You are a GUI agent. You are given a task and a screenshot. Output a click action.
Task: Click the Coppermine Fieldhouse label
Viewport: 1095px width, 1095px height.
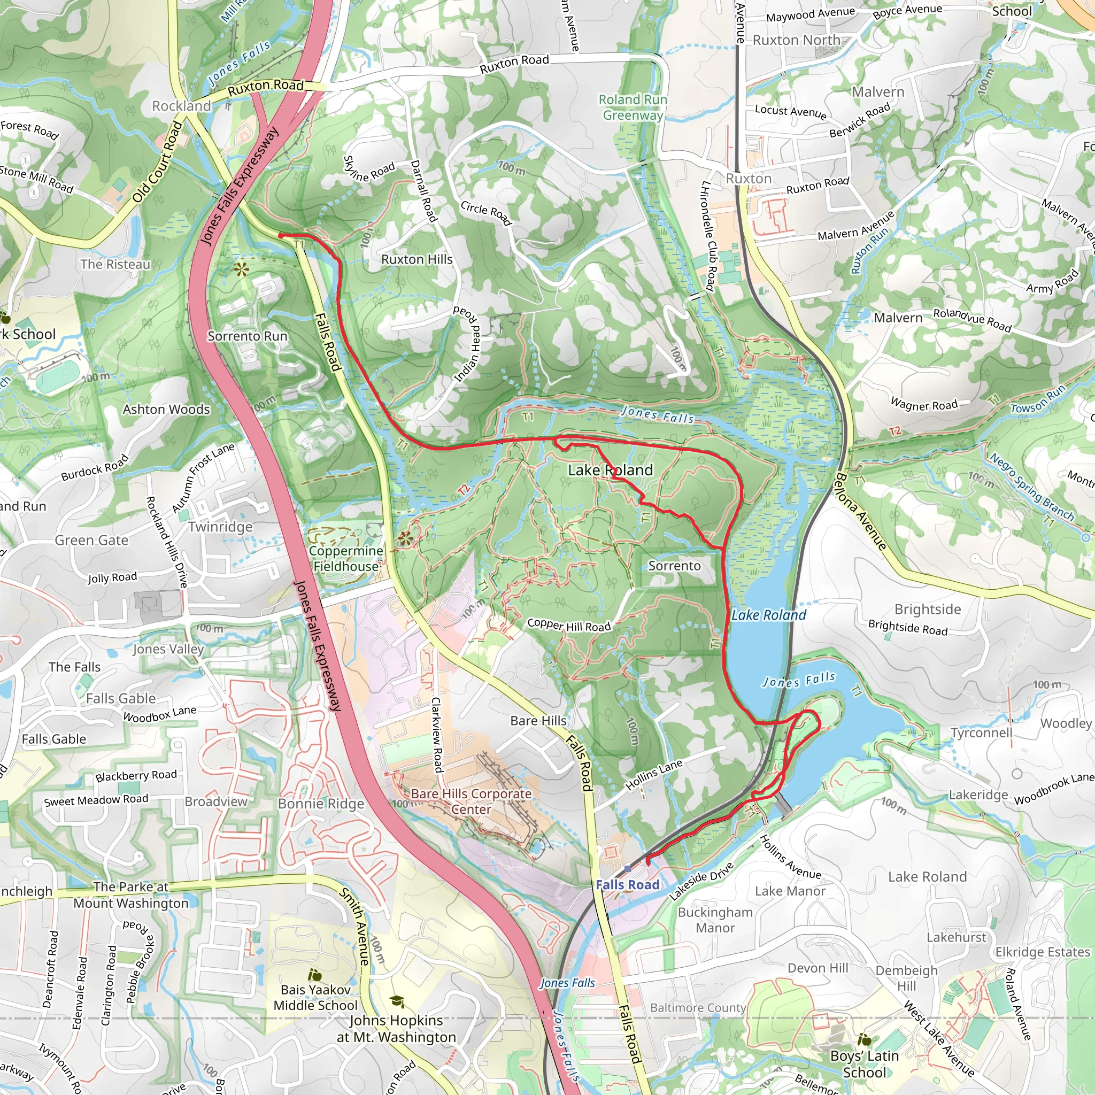click(346, 558)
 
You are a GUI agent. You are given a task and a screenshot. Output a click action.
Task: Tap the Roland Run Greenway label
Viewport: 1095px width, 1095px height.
click(633, 107)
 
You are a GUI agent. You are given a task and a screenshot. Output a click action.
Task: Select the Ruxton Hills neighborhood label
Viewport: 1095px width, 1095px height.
click(417, 259)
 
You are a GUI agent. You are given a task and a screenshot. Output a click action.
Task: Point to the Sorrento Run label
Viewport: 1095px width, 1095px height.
click(247, 336)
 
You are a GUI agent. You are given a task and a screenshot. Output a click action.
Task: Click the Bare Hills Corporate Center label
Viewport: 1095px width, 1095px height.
click(471, 801)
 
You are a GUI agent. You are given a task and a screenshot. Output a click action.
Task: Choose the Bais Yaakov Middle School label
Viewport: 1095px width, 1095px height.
click(315, 998)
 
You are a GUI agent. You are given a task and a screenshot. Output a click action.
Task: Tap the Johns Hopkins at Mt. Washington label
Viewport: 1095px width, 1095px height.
click(396, 1029)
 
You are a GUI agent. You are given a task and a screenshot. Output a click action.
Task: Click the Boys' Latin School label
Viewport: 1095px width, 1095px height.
click(865, 1065)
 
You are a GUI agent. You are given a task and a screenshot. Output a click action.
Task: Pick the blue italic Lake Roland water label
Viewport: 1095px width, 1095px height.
click(768, 615)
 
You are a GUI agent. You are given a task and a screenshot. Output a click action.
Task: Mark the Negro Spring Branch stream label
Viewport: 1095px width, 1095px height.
click(1031, 487)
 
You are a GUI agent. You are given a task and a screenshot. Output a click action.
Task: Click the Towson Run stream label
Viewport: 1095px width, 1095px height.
click(1038, 400)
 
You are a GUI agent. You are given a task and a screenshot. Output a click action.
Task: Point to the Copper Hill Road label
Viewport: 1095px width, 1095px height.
click(569, 625)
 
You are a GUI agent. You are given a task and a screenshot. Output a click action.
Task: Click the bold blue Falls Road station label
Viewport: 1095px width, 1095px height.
click(627, 885)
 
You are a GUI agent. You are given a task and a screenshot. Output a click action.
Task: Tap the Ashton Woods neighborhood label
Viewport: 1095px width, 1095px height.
click(166, 409)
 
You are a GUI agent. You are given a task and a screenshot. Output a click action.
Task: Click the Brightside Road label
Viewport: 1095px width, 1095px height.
click(907, 627)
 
